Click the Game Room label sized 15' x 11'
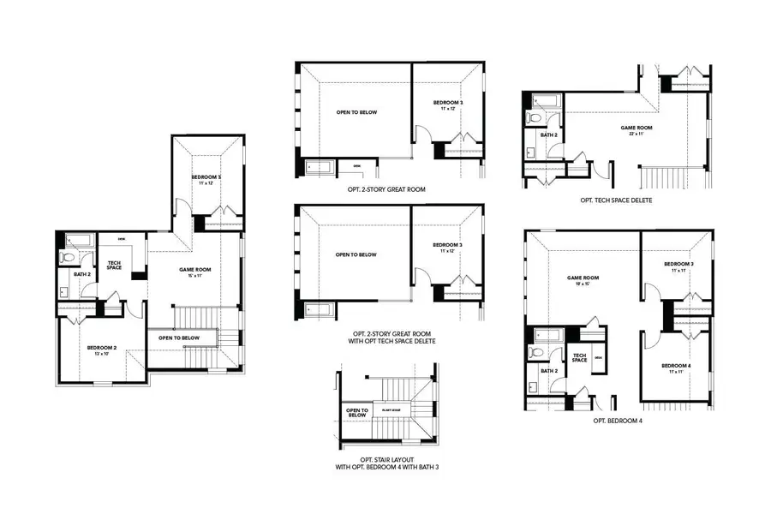(194, 271)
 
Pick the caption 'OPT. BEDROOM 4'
(617, 422)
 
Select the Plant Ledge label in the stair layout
(392, 410)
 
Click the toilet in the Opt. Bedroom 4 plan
(536, 351)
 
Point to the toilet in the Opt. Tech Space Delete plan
(532, 117)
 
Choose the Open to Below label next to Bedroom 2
(179, 338)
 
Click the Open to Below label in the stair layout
(356, 412)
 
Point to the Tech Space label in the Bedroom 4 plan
(579, 358)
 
